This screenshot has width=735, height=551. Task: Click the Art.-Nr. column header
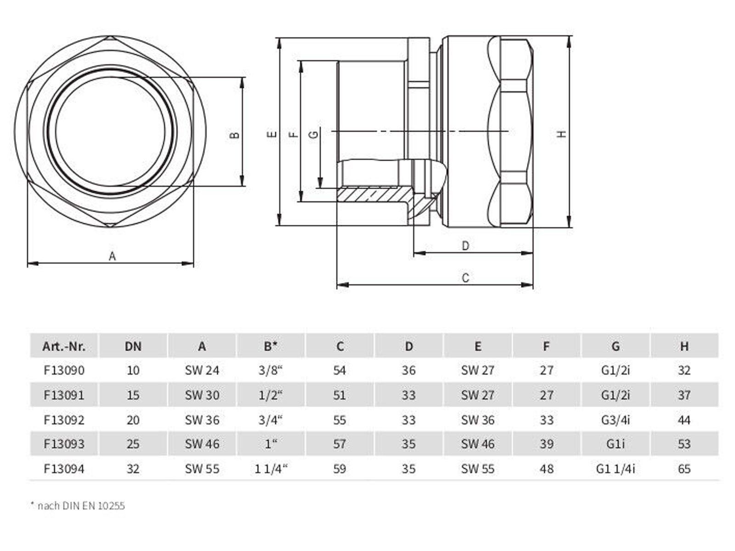[64, 346]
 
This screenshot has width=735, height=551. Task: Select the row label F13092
[64, 420]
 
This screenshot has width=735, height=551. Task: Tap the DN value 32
[133, 469]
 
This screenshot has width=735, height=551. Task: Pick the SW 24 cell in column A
[202, 370]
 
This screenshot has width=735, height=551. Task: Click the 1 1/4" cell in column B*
[271, 469]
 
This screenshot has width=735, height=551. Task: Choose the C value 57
[339, 444]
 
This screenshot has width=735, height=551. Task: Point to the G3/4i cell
[615, 420]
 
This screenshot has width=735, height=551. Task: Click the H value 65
[684, 469]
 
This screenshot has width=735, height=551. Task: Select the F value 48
[546, 469]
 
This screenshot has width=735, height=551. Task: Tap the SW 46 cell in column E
[478, 444]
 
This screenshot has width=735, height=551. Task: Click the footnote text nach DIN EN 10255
[81, 506]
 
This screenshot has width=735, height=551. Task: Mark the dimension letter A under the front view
[112, 256]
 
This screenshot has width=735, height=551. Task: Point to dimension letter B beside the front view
[235, 135]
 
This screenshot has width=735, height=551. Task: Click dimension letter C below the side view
[465, 278]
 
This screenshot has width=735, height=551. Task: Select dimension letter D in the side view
[465, 246]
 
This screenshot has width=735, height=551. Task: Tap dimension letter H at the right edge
[561, 134]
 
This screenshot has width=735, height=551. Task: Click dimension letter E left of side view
[272, 134]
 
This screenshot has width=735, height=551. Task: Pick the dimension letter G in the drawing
[314, 134]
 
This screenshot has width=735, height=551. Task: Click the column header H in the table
[684, 346]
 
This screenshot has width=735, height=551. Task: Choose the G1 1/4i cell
[615, 469]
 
